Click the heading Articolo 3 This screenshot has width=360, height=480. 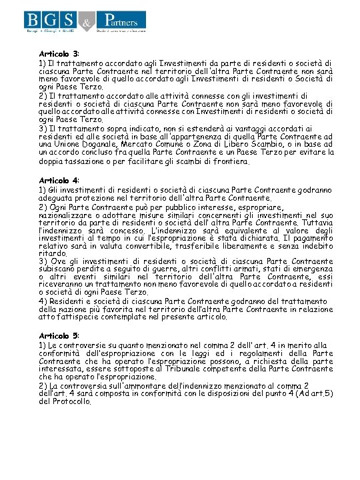point(59,53)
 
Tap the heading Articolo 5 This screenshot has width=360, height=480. point(59,335)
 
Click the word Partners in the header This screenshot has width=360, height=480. point(127,19)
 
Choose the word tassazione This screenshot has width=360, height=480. point(86,162)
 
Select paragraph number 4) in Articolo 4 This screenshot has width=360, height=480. point(43,301)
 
